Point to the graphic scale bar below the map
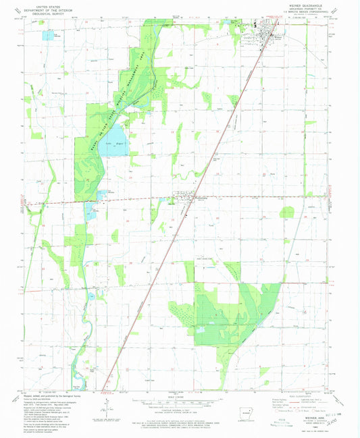(x=180, y=400)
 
